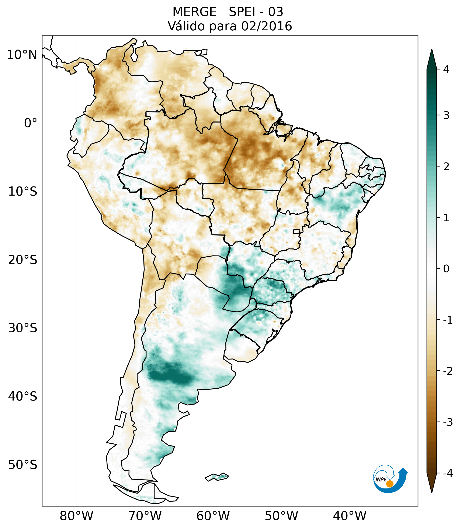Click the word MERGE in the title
tap(194, 12)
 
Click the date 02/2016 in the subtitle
tap(266, 26)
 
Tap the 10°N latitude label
tap(22, 55)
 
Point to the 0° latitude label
tap(31, 123)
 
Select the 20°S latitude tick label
tap(23, 260)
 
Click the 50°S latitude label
tap(23, 465)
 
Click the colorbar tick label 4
tap(446, 69)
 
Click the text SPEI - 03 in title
tap(256, 12)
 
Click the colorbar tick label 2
tap(446, 167)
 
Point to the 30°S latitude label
tap(23, 328)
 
